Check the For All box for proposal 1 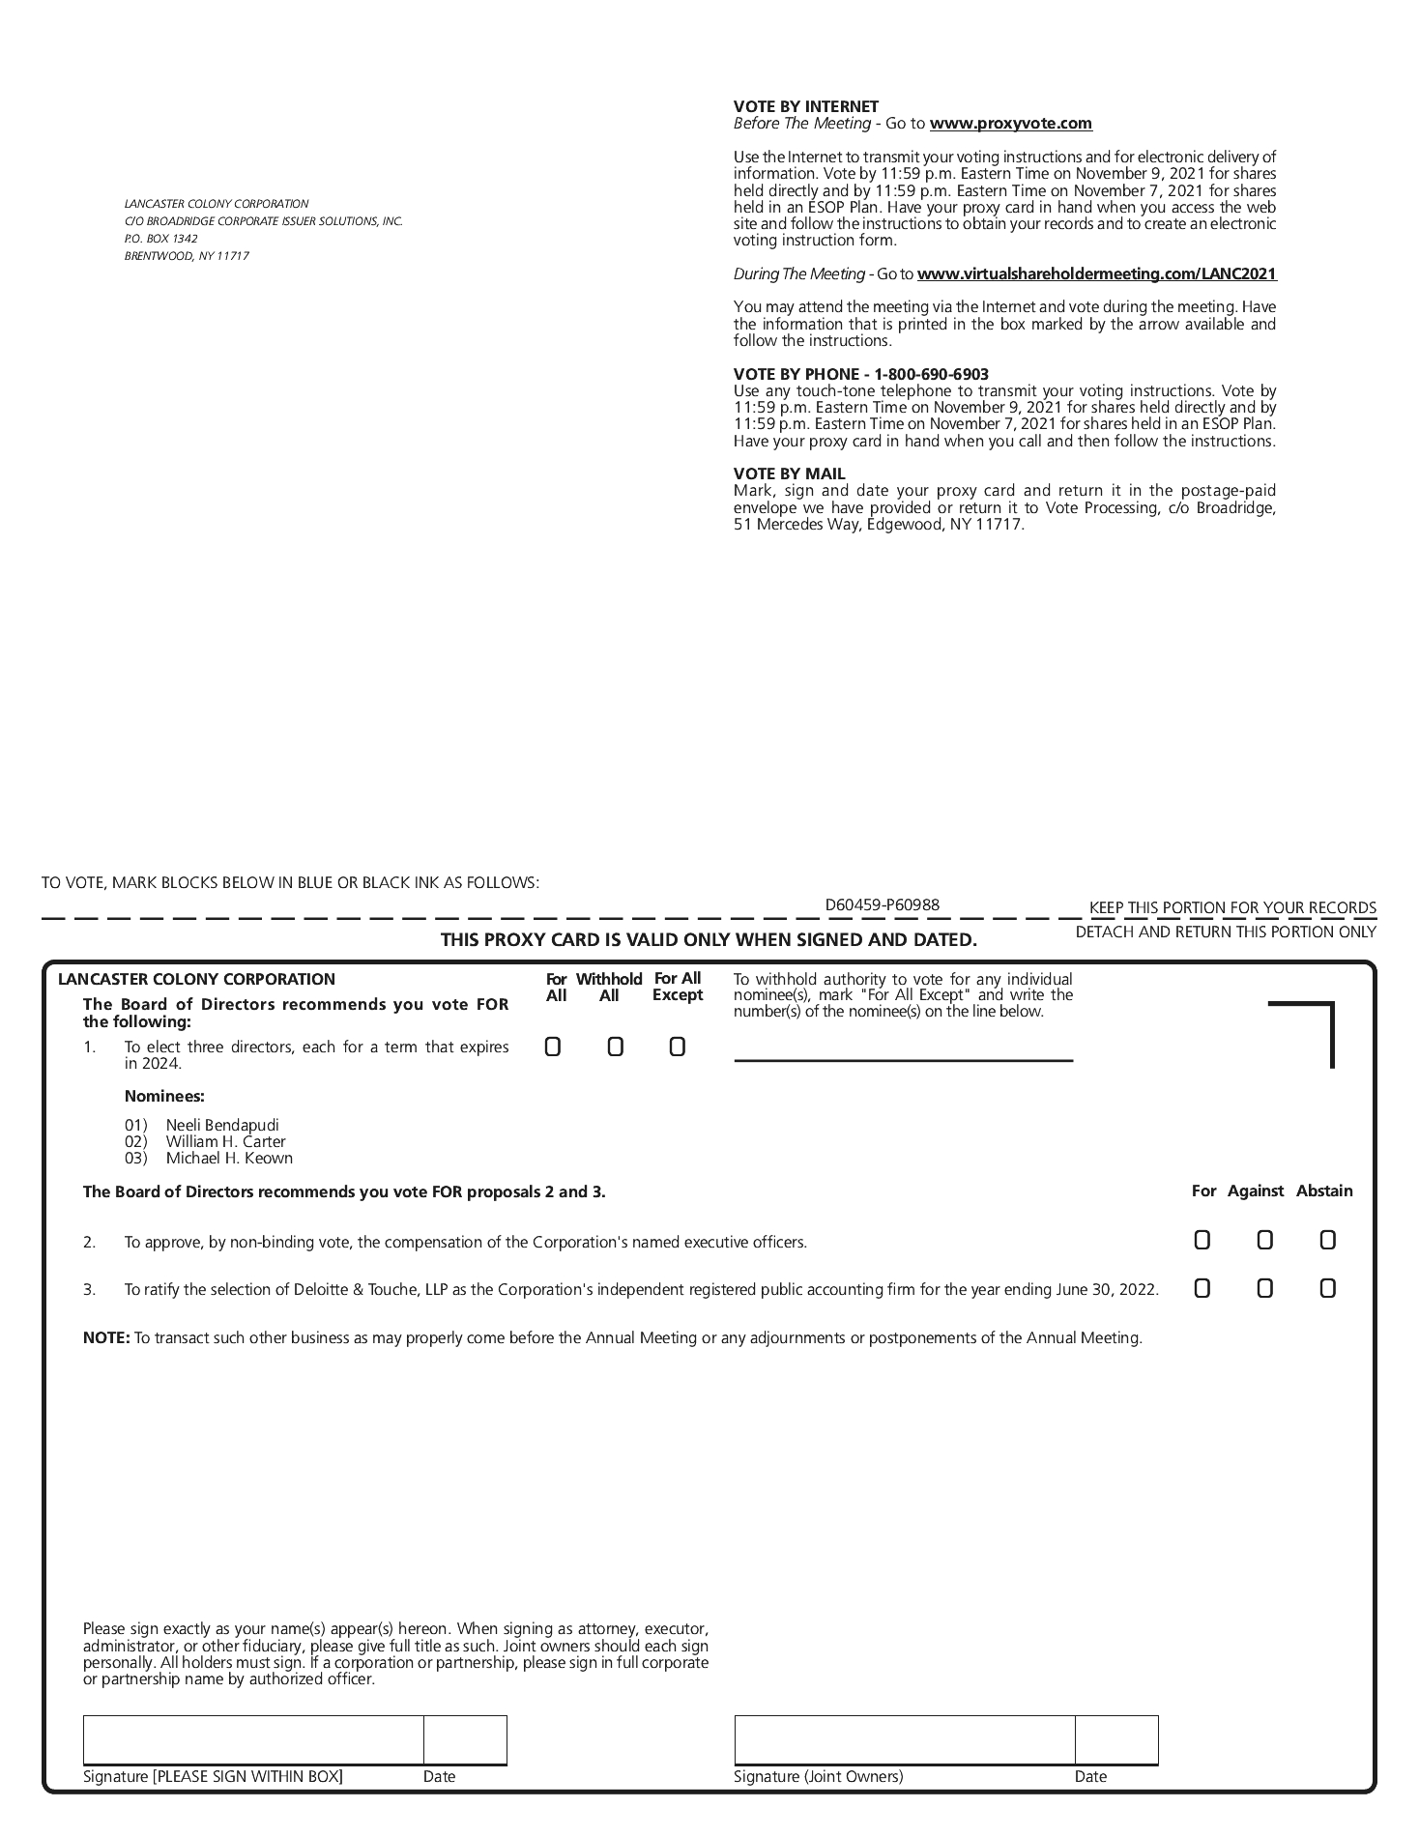click(553, 1047)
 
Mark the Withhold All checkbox click(615, 1047)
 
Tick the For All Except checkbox click(677, 1047)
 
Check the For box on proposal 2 click(1202, 1240)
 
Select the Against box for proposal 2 click(1264, 1240)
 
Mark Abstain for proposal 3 click(1327, 1288)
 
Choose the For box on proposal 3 click(1202, 1288)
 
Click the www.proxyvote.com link click(1010, 124)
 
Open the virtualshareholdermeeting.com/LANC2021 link click(1096, 274)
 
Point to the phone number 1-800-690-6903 click(931, 374)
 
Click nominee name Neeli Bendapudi click(222, 1125)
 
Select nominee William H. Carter click(225, 1141)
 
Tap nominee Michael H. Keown click(229, 1158)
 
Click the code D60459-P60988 click(882, 904)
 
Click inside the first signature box click(253, 1739)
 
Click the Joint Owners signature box click(904, 1739)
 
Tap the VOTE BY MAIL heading click(789, 473)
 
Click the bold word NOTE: click(105, 1338)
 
